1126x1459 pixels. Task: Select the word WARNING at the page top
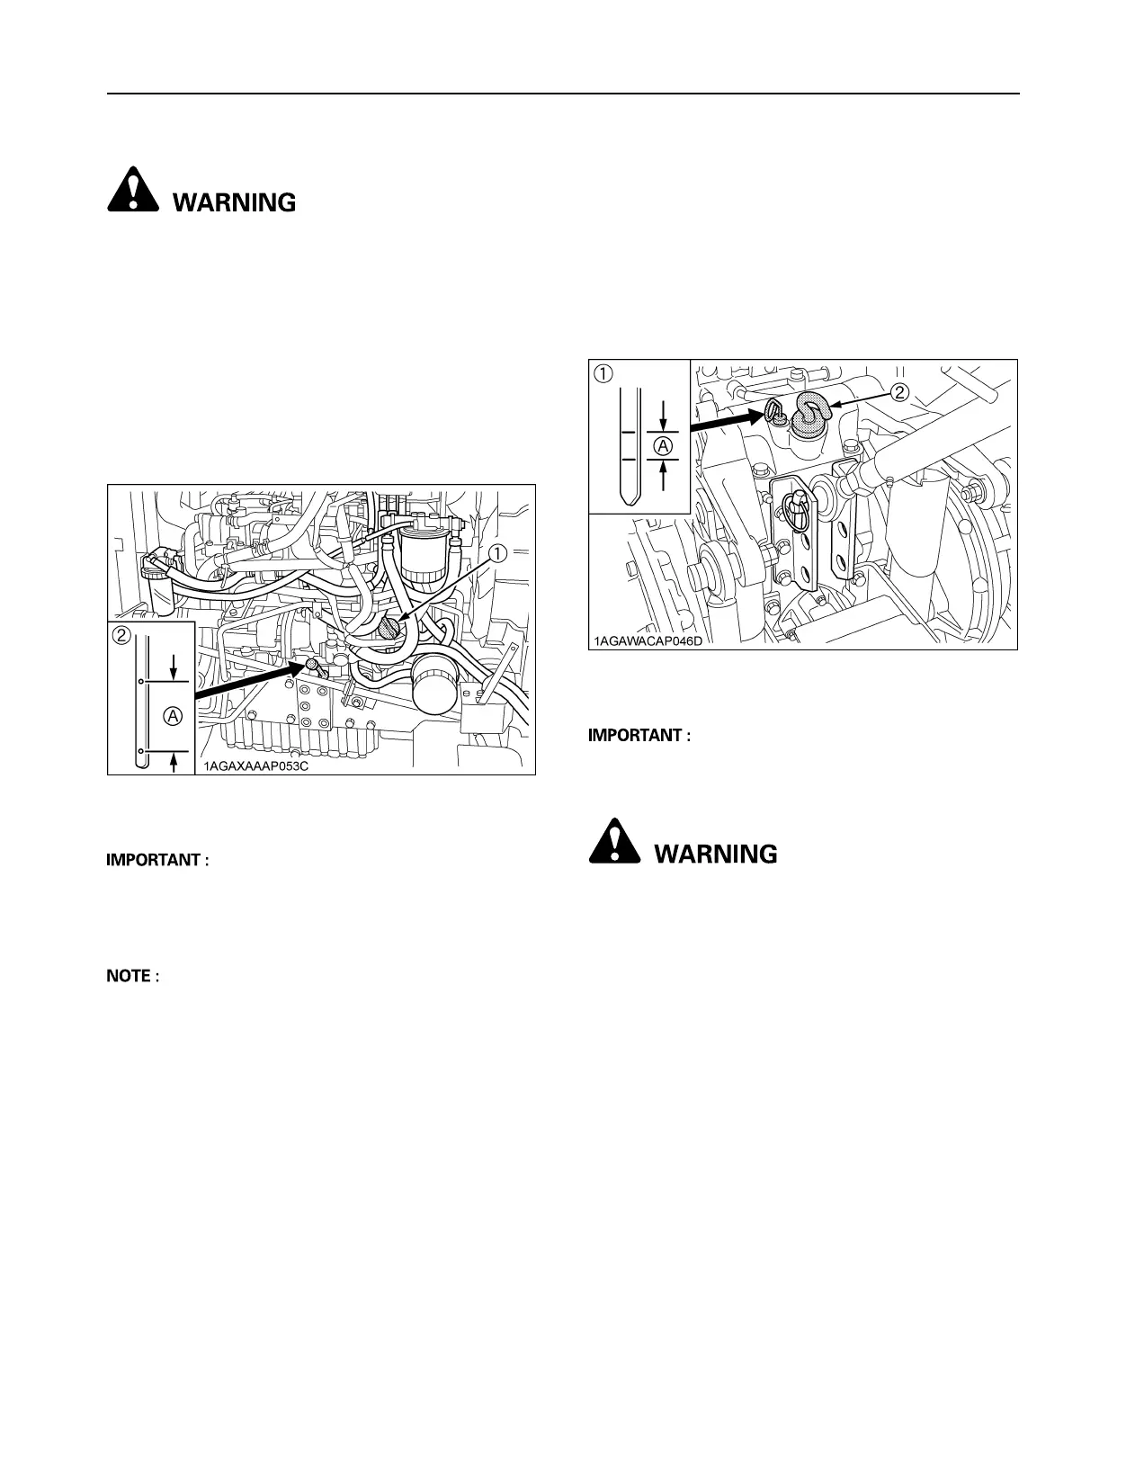pos(234,202)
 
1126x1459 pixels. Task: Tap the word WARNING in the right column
pos(716,854)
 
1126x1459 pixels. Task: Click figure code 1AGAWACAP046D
pos(646,641)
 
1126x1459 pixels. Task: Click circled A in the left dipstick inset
pos(174,716)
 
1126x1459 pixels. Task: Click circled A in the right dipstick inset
pos(662,445)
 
